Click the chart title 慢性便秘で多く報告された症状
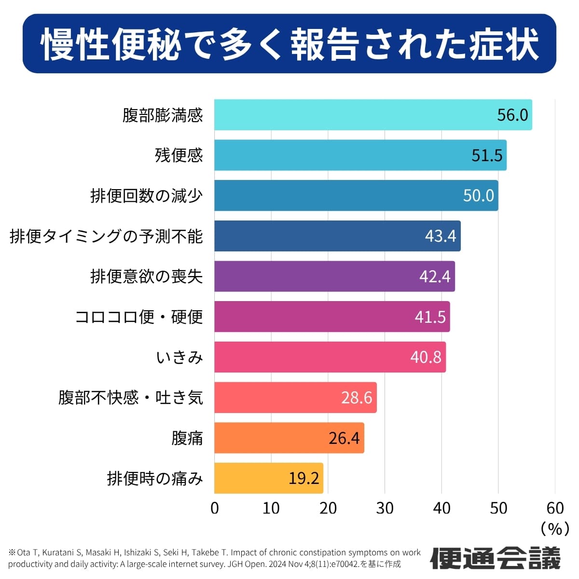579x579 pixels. click(289, 44)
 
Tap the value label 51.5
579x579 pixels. click(487, 155)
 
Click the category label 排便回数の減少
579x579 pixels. click(146, 196)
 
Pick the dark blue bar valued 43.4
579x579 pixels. click(318, 236)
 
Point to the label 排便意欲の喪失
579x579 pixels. click(146, 276)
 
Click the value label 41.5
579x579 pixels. click(430, 317)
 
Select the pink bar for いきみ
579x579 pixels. click(309, 357)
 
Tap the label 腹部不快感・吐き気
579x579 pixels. click(130, 398)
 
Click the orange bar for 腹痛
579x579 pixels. click(270, 438)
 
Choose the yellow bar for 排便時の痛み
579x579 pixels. click(251, 478)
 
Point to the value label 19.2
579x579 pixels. click(304, 478)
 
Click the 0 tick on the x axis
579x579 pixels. click(215, 508)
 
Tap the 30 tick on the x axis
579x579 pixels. click(385, 508)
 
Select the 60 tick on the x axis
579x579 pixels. click(555, 508)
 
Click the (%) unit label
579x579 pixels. click(555, 529)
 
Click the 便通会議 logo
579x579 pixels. click(496, 558)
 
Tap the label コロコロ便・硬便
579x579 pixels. click(139, 317)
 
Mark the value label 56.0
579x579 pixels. click(512, 115)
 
